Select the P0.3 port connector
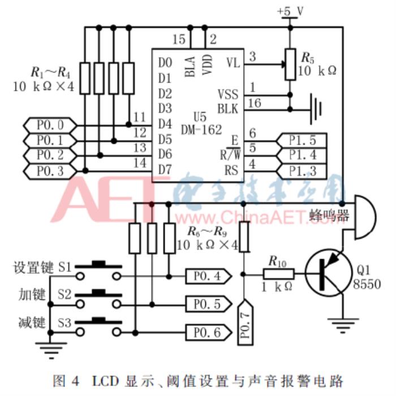(x=49, y=170)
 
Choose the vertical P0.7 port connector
(x=244, y=320)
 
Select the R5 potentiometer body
(x=290, y=63)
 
